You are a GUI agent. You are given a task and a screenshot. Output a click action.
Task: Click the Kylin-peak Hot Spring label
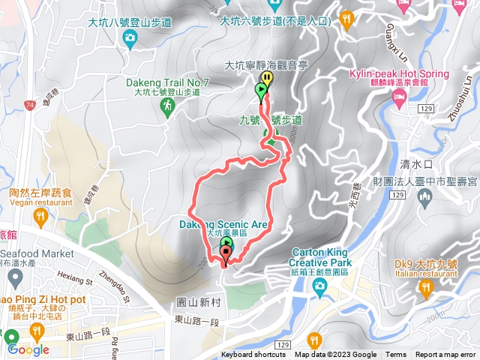tap(399, 74)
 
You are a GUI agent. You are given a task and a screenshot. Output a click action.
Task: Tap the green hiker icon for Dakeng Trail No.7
tap(166, 107)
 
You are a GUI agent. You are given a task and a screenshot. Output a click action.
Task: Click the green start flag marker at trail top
tap(260, 92)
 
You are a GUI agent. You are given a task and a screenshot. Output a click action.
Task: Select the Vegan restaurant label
tap(40, 202)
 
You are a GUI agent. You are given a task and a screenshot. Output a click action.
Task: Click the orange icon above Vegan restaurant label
tap(40, 218)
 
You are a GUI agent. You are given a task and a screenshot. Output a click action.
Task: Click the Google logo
tap(28, 349)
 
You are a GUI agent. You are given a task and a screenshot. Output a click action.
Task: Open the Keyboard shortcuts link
tap(253, 355)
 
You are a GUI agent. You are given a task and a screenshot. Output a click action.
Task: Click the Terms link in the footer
tap(396, 355)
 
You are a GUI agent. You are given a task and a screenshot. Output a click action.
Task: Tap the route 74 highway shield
tap(29, 106)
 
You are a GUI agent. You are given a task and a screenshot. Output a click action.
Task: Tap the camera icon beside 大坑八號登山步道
tap(130, 37)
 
